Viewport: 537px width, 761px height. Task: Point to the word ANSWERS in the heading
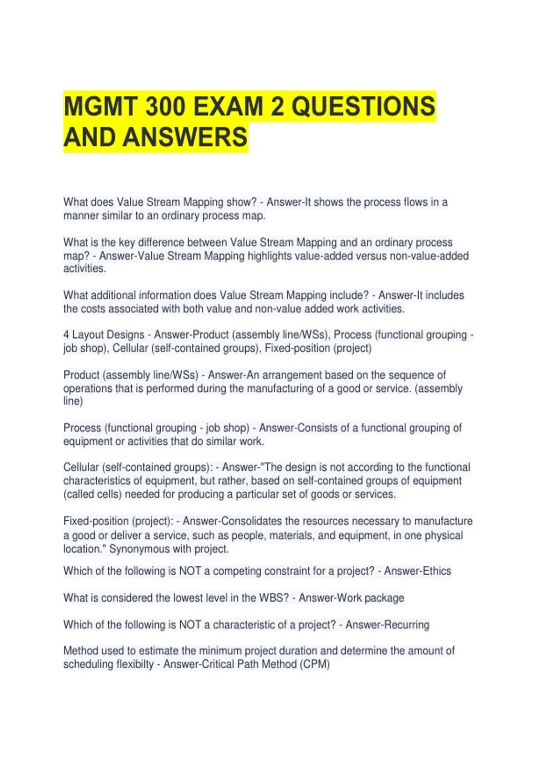tap(185, 137)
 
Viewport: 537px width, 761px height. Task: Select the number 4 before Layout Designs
tap(66, 335)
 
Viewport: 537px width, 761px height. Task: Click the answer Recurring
tap(405, 625)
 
